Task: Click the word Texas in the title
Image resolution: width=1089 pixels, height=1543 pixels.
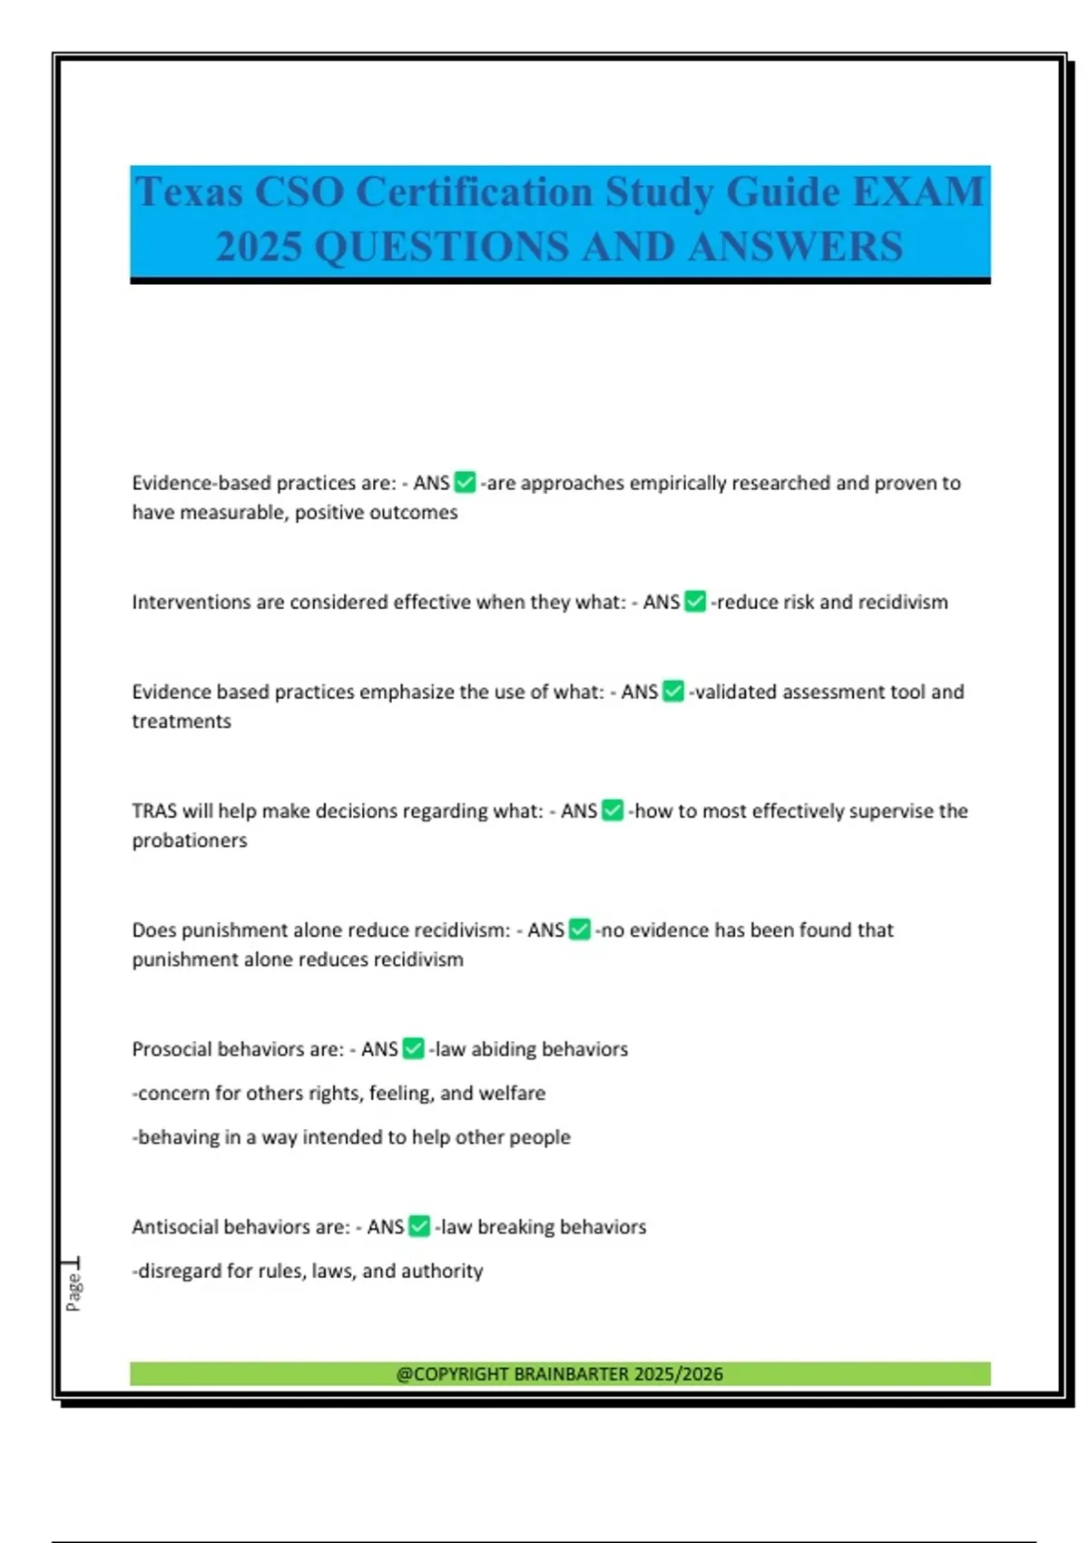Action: coord(189,192)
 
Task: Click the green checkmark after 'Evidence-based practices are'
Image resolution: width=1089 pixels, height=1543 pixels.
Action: coord(465,483)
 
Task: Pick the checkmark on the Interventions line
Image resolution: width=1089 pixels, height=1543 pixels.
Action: coord(695,602)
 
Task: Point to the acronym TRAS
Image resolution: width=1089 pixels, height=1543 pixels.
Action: coord(153,811)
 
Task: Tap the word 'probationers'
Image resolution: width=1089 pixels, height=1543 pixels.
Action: coord(190,840)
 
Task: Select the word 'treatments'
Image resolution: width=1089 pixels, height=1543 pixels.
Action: coord(181,722)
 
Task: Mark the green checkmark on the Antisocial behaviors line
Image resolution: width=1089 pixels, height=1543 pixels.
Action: coord(419,1227)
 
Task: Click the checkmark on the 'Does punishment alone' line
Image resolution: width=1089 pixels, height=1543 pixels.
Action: coord(580,930)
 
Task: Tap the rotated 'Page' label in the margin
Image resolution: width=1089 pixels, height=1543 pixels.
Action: coord(74,1292)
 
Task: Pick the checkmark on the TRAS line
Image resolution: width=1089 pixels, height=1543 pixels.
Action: coord(613,811)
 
